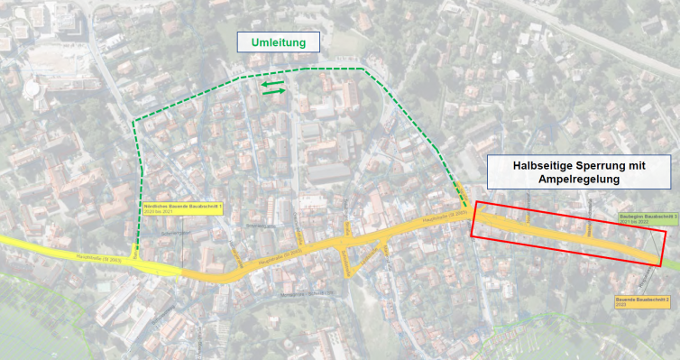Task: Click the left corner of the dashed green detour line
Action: [133, 122]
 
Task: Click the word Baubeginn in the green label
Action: [629, 217]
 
